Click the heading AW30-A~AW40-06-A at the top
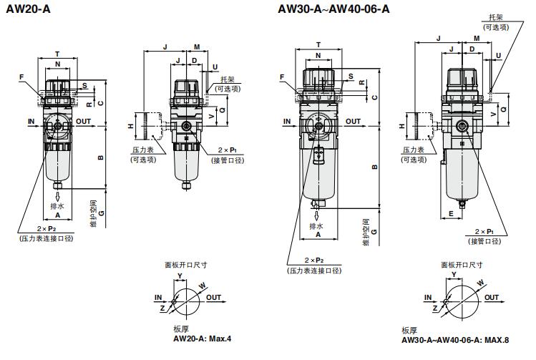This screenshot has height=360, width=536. [335, 10]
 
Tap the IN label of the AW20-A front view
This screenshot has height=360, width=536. [31, 122]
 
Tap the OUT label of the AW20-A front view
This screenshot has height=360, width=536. [83, 122]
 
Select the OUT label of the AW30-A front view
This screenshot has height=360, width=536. [354, 122]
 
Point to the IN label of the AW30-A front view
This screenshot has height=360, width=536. [287, 122]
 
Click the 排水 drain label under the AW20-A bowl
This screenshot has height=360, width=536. [57, 206]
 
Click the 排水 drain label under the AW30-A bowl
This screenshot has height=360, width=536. [316, 226]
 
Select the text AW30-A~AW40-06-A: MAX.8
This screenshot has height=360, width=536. [455, 340]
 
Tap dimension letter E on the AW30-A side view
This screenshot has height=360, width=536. [452, 213]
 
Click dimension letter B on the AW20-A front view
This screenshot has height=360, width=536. [101, 157]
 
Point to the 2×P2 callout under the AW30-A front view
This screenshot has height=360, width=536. [314, 261]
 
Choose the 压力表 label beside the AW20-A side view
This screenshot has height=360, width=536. [140, 151]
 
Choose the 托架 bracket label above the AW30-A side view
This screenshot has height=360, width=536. [493, 17]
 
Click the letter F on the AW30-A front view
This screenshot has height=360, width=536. [283, 77]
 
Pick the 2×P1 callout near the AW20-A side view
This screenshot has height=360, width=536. [228, 151]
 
